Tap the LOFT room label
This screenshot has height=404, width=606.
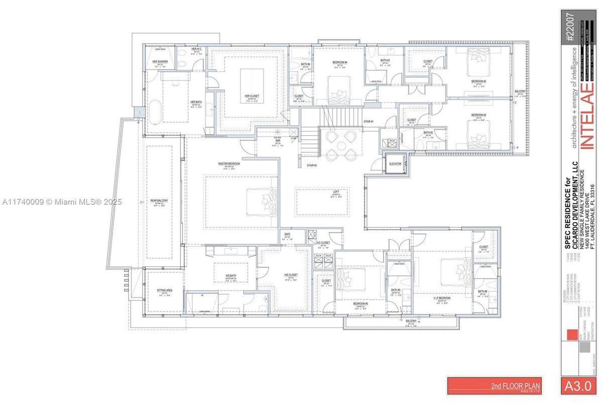336,192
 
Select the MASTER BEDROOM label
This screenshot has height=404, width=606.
229,164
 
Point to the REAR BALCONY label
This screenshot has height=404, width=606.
159,200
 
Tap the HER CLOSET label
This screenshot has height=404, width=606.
251,96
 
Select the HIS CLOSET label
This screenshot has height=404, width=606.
290,275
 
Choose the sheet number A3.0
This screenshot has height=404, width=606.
577,386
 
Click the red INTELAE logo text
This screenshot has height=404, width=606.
586,116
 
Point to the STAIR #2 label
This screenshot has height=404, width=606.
312,165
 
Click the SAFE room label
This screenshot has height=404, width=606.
287,234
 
